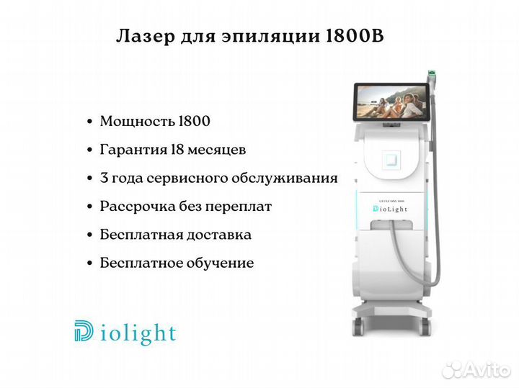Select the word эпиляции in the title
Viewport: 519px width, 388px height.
tap(271, 37)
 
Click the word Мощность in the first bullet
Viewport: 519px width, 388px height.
tap(138, 121)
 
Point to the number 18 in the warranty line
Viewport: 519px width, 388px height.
tap(177, 150)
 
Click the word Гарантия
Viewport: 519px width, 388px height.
tap(134, 150)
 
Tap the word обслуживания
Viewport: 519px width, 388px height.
tap(284, 178)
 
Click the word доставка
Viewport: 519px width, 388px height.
tap(219, 235)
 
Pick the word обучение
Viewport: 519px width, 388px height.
tap(220, 263)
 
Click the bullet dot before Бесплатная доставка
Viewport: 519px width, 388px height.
tap(89, 235)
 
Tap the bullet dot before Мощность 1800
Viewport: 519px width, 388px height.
tap(89, 122)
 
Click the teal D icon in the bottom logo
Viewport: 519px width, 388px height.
tap(84, 330)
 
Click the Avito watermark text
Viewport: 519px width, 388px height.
tap(487, 370)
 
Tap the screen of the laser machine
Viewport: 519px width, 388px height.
tap(391, 102)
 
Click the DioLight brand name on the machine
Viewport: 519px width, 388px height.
tap(390, 209)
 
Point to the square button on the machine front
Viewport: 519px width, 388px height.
tap(391, 160)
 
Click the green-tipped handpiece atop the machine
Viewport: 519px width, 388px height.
tap(432, 77)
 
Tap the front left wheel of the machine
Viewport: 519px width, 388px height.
tap(358, 327)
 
